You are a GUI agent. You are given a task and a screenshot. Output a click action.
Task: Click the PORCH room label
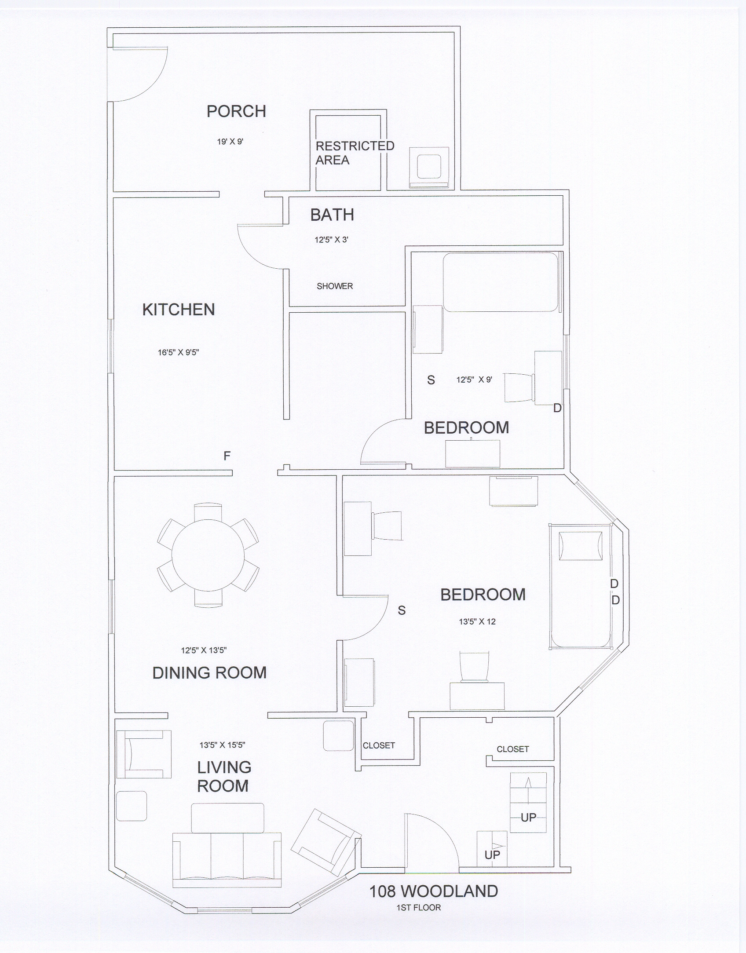[237, 111]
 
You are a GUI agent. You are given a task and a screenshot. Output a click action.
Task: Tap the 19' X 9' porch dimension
[230, 142]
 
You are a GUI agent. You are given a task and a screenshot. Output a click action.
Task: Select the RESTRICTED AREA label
[355, 153]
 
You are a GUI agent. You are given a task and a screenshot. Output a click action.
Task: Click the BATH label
[332, 215]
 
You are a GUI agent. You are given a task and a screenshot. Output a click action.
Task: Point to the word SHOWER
[335, 286]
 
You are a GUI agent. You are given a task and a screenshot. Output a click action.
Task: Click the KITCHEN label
[179, 310]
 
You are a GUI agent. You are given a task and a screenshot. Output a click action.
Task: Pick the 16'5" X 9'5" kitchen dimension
[179, 352]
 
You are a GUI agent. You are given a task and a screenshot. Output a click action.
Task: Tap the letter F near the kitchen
[227, 456]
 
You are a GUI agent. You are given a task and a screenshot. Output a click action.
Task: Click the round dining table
[208, 555]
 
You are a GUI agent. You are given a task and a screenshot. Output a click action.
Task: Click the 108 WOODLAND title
[434, 891]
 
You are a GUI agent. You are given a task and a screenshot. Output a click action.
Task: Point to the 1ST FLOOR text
[419, 907]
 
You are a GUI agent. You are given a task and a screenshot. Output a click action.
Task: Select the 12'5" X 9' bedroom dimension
[474, 380]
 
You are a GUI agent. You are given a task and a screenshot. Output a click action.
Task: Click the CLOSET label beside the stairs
[513, 749]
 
